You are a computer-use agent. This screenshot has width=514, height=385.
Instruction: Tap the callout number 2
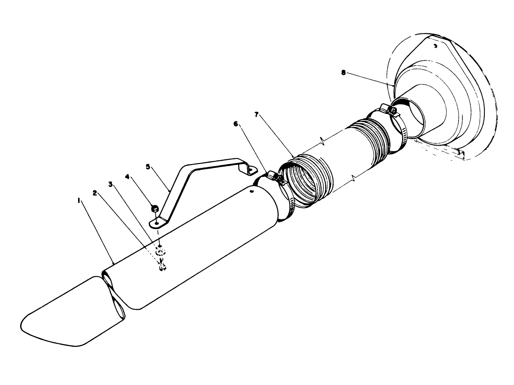click(95, 192)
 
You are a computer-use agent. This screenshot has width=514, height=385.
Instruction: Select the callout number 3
click(110, 185)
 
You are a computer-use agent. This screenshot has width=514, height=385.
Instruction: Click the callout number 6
click(235, 123)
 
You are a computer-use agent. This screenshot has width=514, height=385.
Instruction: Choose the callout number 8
click(343, 72)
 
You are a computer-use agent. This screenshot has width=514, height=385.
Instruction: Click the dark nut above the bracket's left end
click(155, 209)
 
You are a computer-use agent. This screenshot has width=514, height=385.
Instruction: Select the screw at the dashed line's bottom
click(162, 267)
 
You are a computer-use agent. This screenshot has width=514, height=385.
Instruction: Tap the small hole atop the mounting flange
click(435, 45)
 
